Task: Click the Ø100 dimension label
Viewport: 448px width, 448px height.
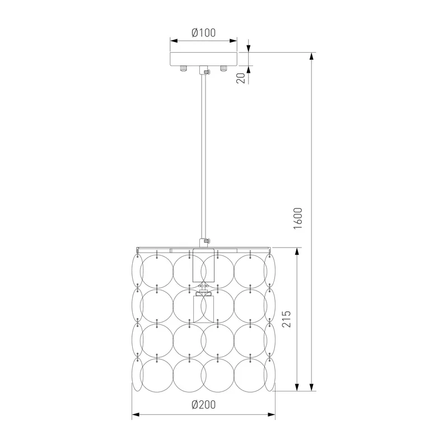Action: pyautogui.click(x=203, y=33)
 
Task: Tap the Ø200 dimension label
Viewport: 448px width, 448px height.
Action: pyautogui.click(x=203, y=404)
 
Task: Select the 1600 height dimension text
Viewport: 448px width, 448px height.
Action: pyautogui.click(x=298, y=218)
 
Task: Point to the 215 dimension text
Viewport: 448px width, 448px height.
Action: pyautogui.click(x=286, y=319)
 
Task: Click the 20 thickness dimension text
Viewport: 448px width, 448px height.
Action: pyautogui.click(x=241, y=78)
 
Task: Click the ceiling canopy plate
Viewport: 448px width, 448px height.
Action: pyautogui.click(x=203, y=59)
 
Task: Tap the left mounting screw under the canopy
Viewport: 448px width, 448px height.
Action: pyautogui.click(x=183, y=68)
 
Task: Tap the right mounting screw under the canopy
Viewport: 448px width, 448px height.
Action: pyautogui.click(x=223, y=68)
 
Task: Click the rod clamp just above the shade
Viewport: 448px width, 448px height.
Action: pyautogui.click(x=204, y=242)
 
